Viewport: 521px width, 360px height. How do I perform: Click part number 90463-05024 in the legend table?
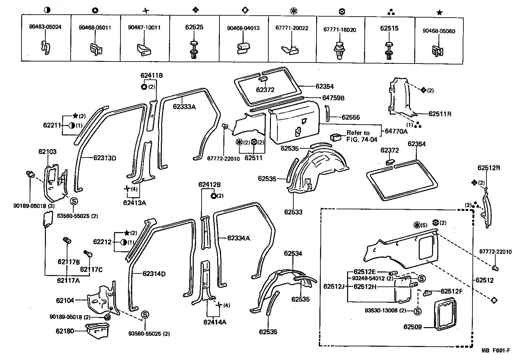(x=45, y=27)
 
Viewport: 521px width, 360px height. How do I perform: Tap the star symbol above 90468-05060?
(x=439, y=13)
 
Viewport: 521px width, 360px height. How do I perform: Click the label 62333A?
(x=184, y=106)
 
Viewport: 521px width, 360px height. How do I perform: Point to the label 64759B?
(x=333, y=98)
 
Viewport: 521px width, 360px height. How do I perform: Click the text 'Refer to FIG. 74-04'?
(x=361, y=136)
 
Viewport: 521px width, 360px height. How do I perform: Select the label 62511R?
(x=440, y=114)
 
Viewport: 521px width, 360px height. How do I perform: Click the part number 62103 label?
(x=47, y=152)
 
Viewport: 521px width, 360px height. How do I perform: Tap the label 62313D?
(x=105, y=158)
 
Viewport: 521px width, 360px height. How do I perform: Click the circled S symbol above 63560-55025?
(x=74, y=201)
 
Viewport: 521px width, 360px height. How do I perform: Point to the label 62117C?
(x=91, y=270)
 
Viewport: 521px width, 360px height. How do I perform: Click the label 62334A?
(x=238, y=238)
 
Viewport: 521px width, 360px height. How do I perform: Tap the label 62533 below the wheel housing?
(x=293, y=212)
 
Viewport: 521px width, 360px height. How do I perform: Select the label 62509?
(x=413, y=327)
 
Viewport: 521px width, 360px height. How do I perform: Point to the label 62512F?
(x=452, y=291)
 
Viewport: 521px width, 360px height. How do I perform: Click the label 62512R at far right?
(x=489, y=168)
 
